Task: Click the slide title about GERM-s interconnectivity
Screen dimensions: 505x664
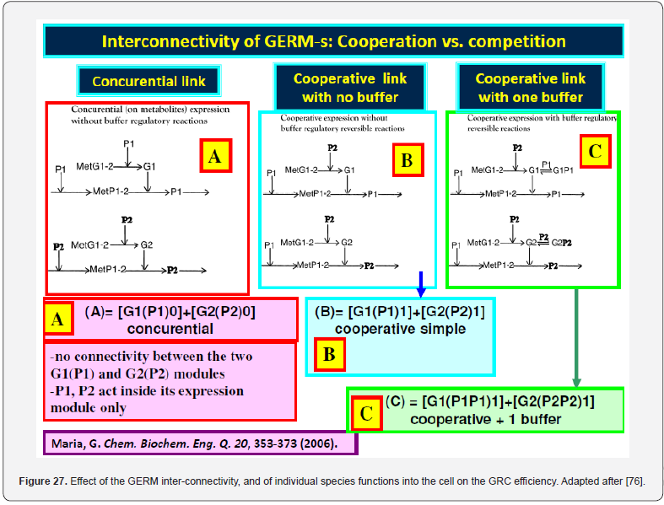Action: [333, 40]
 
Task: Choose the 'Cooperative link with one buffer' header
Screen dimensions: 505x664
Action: [530, 88]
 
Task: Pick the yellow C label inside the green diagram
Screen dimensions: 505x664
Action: [595, 152]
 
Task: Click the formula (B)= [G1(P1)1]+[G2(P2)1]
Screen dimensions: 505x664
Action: [400, 313]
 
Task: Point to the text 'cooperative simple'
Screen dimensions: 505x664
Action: [400, 329]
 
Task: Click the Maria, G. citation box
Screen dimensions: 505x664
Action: [200, 443]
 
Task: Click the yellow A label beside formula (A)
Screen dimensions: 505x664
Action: [57, 320]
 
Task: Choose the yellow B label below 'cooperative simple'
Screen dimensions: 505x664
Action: [330, 354]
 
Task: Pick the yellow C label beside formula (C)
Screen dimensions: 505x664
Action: [366, 412]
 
